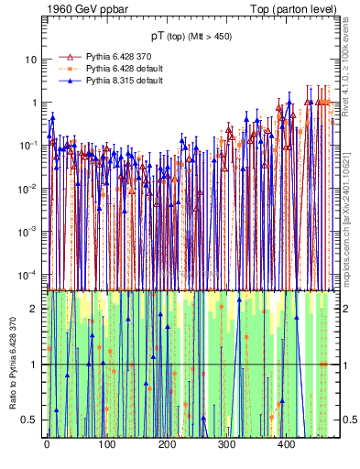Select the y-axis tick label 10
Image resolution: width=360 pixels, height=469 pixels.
31,60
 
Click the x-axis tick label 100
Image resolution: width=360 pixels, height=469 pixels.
106,446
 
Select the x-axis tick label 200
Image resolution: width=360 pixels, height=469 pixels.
166,446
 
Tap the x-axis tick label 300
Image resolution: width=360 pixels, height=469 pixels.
226,446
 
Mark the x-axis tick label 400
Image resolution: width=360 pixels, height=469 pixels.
286,446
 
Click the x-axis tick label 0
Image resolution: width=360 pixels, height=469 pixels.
47,446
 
